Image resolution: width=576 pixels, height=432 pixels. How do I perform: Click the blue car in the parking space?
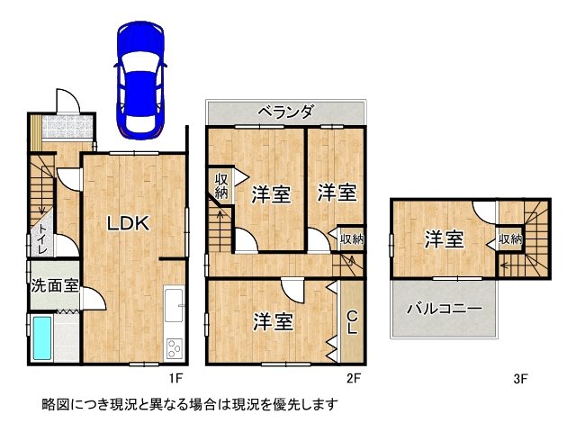(140, 80)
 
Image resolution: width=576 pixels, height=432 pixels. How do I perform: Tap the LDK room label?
(129, 223)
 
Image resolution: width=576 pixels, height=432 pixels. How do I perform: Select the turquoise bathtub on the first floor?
(42, 338)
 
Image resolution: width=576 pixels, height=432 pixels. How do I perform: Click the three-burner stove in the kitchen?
(174, 348)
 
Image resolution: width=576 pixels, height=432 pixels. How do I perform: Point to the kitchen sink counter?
(174, 304)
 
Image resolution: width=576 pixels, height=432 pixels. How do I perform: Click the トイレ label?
(42, 238)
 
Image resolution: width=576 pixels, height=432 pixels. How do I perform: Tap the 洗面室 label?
(54, 285)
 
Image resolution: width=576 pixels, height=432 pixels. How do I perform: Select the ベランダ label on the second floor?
(286, 112)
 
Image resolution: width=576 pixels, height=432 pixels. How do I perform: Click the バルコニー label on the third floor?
(444, 309)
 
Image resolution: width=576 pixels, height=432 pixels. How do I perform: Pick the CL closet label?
(352, 322)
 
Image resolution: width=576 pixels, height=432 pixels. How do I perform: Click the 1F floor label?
(175, 378)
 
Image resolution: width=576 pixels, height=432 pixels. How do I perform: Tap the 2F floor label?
(354, 378)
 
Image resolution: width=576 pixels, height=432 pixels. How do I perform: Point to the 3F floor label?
(520, 378)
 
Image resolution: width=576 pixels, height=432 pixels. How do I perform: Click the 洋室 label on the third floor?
(445, 239)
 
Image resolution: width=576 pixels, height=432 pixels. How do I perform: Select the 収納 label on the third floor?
(510, 239)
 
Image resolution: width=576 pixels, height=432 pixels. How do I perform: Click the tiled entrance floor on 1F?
(67, 127)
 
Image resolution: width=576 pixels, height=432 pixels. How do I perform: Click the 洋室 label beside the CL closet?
(274, 322)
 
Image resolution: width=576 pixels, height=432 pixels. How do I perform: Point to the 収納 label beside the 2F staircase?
(221, 186)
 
